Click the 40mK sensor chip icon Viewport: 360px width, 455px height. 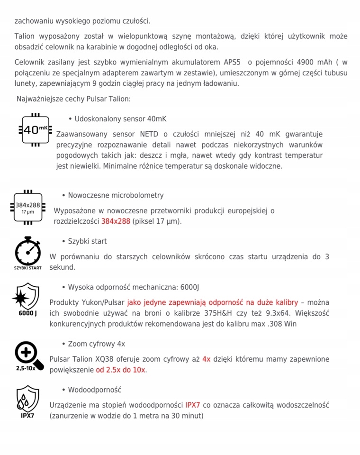(x=35, y=129)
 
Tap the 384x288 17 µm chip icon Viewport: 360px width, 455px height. (x=28, y=208)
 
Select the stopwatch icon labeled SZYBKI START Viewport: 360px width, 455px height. (x=27, y=254)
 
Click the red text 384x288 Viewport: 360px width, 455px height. (x=116, y=221)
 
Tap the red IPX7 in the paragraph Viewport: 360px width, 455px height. (x=193, y=405)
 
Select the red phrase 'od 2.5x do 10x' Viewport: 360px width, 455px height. (x=121, y=370)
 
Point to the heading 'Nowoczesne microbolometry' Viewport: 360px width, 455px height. (x=116, y=195)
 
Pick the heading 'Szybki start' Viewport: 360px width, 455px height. (x=87, y=241)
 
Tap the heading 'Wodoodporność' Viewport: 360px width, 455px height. (x=94, y=390)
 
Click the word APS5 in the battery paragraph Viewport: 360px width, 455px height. (x=233, y=62)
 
